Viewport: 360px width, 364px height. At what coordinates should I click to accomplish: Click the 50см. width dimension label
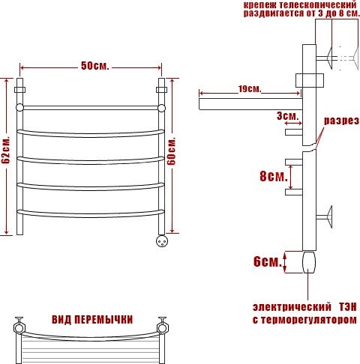95,66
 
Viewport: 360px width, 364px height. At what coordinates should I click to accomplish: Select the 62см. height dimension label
6,151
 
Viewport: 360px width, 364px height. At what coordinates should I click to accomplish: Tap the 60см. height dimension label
172,151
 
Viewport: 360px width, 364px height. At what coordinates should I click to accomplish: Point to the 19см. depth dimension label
250,88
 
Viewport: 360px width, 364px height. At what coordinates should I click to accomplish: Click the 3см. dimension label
288,115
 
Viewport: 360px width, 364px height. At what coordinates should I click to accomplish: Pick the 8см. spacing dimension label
274,176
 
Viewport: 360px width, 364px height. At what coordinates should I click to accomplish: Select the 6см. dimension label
268,261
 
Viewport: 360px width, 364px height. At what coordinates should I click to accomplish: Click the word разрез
341,121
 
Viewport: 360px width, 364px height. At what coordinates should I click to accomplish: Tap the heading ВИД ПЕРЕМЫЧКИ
92,320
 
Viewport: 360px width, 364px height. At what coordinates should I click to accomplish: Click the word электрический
292,307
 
